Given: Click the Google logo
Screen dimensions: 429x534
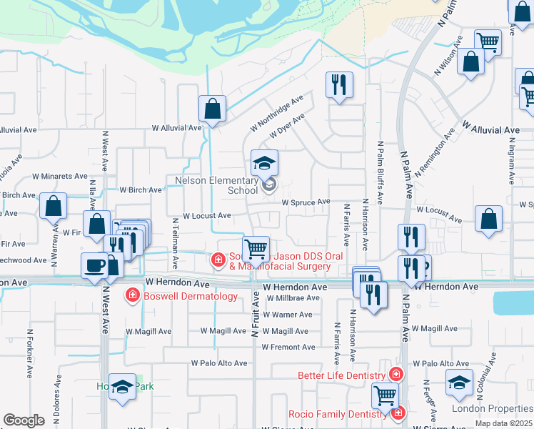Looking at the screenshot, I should [x=24, y=421].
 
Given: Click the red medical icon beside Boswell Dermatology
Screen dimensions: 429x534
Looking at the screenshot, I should [x=132, y=295].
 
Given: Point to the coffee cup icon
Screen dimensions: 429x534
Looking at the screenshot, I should [x=94, y=266].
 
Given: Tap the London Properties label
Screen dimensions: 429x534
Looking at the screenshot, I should [x=492, y=409].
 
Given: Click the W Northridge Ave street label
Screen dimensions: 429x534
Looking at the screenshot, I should [x=276, y=113].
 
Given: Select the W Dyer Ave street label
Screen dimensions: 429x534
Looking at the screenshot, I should [x=288, y=126].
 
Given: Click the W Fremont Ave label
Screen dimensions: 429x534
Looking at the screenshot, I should [x=288, y=347].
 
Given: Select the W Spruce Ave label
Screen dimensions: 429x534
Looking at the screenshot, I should [x=306, y=202].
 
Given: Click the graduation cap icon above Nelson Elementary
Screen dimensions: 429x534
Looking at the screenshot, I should [x=263, y=163].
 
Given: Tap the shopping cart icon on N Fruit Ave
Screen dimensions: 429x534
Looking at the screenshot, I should [x=256, y=250].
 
